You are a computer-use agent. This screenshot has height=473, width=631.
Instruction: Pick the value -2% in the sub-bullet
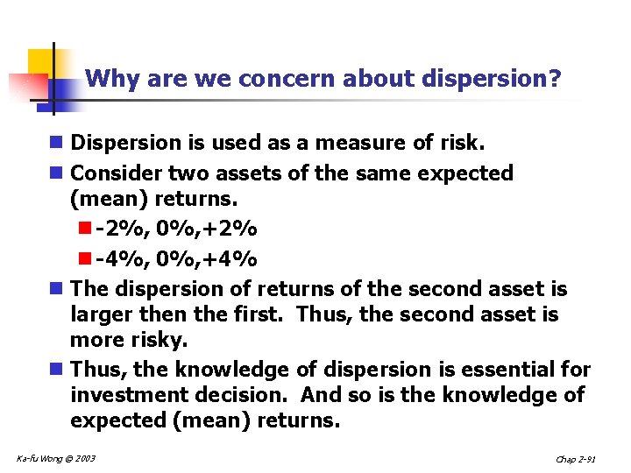[x=119, y=229]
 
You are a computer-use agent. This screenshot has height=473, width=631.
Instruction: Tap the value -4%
[x=119, y=259]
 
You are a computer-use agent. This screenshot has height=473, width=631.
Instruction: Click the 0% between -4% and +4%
[x=175, y=259]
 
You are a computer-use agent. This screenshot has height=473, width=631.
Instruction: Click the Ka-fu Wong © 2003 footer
[x=56, y=459]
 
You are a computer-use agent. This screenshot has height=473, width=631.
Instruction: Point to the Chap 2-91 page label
[x=576, y=460]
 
